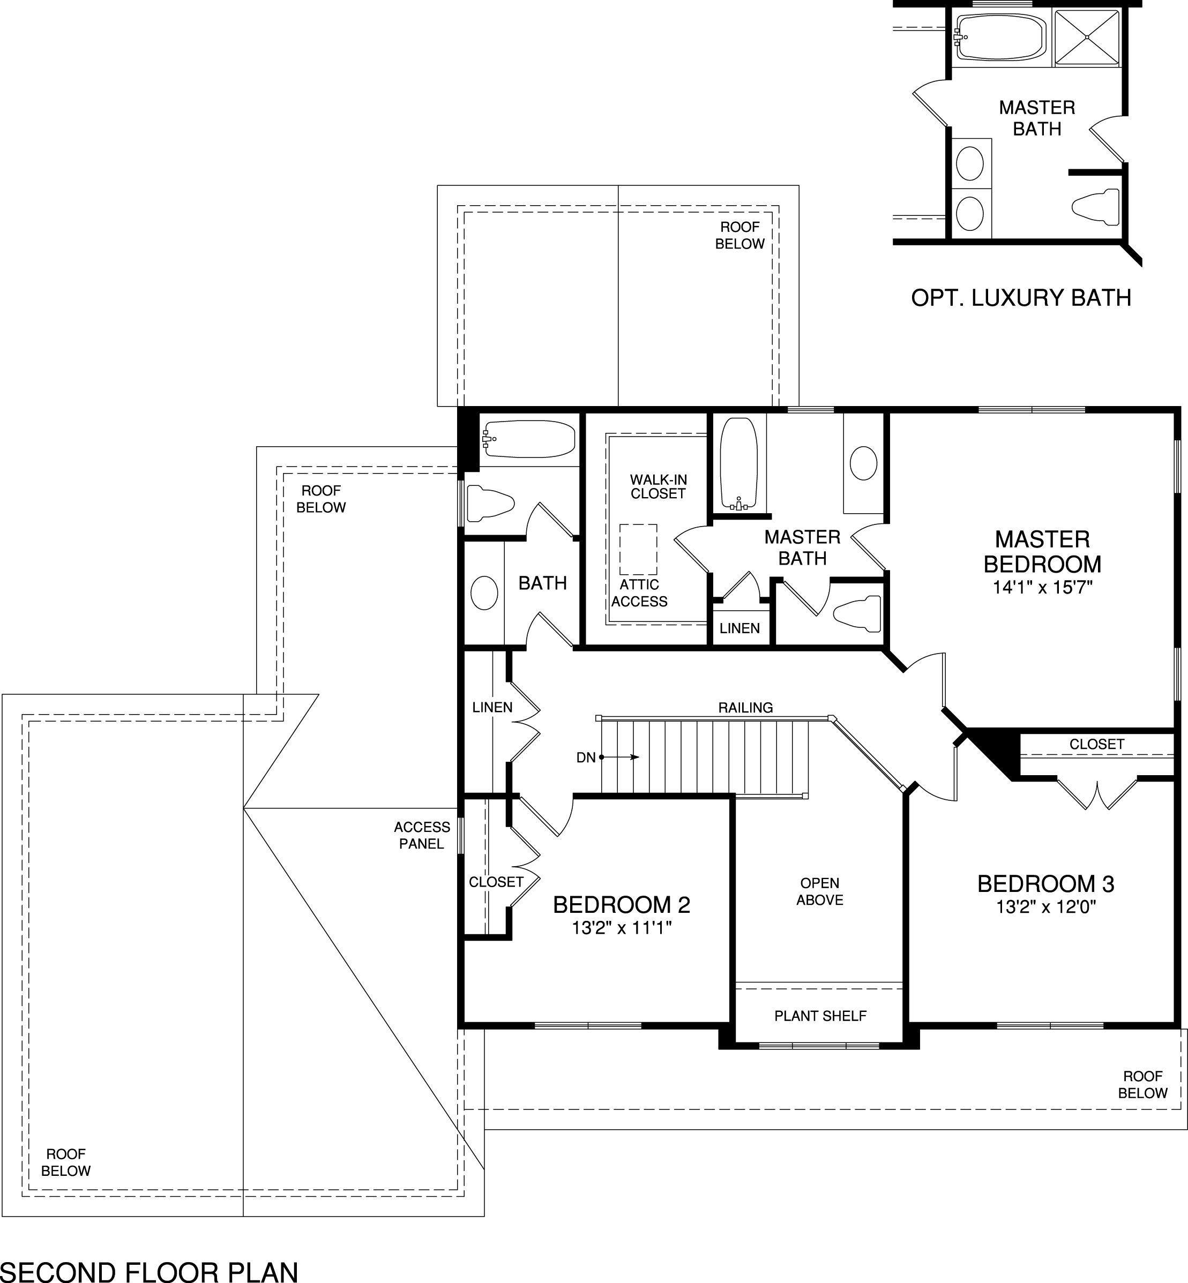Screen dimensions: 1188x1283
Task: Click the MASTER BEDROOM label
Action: coord(1042,552)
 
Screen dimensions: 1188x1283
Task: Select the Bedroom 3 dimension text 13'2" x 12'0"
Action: coord(1046,907)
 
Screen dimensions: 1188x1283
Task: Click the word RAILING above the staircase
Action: coord(746,708)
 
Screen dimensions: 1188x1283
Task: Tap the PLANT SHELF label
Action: coord(820,1016)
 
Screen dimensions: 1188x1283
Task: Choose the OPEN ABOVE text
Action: coord(820,891)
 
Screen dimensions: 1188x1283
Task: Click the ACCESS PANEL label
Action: coord(422,835)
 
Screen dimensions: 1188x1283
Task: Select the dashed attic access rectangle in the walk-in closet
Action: coord(638,550)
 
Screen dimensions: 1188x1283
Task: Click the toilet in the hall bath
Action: coord(490,502)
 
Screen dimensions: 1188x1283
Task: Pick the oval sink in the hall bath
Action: coord(484,592)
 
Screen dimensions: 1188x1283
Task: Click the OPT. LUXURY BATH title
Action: coord(1021,298)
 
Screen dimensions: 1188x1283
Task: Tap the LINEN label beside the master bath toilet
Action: coord(739,628)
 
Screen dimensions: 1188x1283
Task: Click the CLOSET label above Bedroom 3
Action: coord(1097,744)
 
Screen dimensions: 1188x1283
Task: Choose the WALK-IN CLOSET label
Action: coord(658,486)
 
